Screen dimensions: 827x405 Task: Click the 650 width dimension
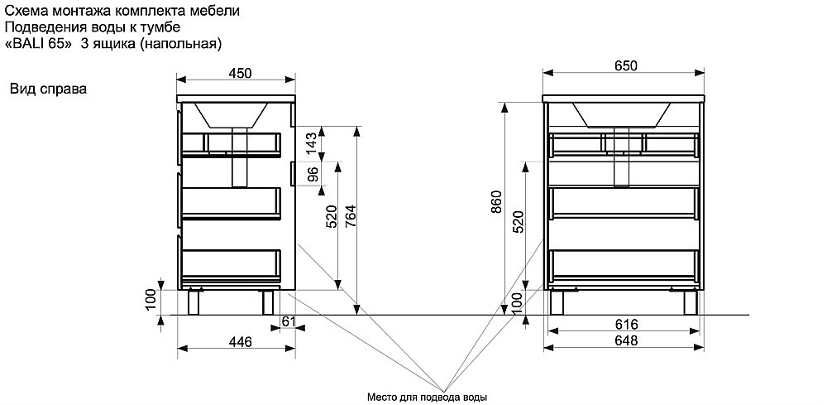[x=625, y=65]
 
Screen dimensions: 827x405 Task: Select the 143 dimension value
[x=313, y=143]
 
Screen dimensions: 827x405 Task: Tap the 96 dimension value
[x=313, y=174]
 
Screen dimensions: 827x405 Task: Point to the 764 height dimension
[x=350, y=217]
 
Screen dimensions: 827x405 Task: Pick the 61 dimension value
[x=289, y=320]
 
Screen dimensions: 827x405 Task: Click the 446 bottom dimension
[x=240, y=341]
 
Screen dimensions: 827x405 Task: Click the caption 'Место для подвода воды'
[x=428, y=397]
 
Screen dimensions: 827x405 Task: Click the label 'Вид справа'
[x=49, y=89]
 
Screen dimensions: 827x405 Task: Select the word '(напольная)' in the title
[x=179, y=45]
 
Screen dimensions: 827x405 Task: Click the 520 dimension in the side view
[x=332, y=217]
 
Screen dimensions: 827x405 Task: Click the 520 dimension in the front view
[x=518, y=222]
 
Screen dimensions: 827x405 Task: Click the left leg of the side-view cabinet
[x=196, y=302]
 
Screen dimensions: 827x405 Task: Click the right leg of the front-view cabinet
[x=692, y=302]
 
